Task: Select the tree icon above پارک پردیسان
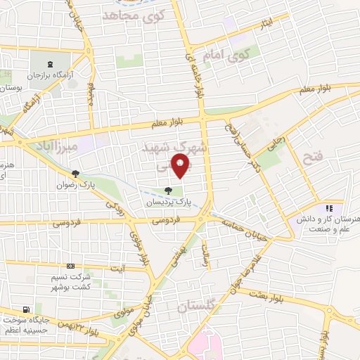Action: point(167,190)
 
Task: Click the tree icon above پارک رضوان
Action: point(75,174)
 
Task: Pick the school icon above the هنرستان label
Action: point(327,208)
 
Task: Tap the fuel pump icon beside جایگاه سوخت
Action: point(26,309)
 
